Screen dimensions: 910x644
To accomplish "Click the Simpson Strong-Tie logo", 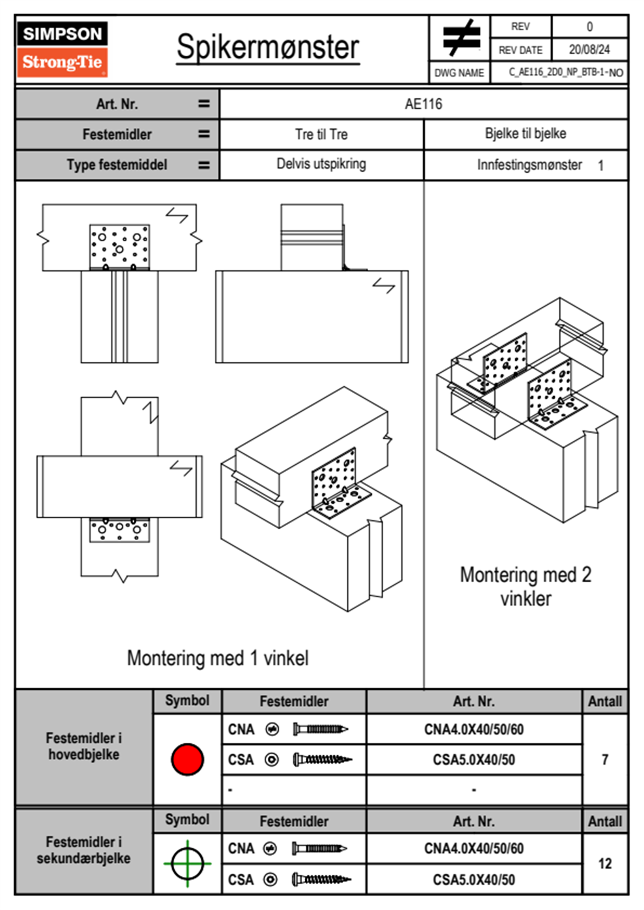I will click(62, 49).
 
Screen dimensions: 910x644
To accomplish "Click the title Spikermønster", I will click(268, 47).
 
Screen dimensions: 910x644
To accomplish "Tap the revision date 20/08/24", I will click(589, 50).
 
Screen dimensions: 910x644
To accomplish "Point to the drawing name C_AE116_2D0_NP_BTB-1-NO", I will click(566, 72).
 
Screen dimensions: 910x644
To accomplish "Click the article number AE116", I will click(423, 104).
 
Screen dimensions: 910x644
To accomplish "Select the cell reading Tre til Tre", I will click(321, 134).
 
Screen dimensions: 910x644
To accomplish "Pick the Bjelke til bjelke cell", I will click(525, 134).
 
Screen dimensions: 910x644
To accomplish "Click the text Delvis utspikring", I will click(321, 164).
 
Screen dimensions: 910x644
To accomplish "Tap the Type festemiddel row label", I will click(117, 164).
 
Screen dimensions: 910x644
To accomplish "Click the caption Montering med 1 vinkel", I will click(218, 658).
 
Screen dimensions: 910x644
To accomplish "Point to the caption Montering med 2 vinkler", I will click(525, 586).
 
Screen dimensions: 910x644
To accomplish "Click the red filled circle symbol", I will click(187, 759).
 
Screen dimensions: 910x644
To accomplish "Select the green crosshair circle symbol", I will click(187, 863).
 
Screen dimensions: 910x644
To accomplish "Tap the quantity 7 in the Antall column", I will click(604, 760).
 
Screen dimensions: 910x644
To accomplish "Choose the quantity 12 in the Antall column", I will click(604, 863).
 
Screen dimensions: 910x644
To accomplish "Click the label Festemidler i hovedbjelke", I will click(84, 746).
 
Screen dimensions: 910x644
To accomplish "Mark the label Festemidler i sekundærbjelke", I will click(84, 850).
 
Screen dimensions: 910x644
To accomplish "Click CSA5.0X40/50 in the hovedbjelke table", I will click(474, 760).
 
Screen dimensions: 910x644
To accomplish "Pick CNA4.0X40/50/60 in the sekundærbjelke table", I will click(474, 848).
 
